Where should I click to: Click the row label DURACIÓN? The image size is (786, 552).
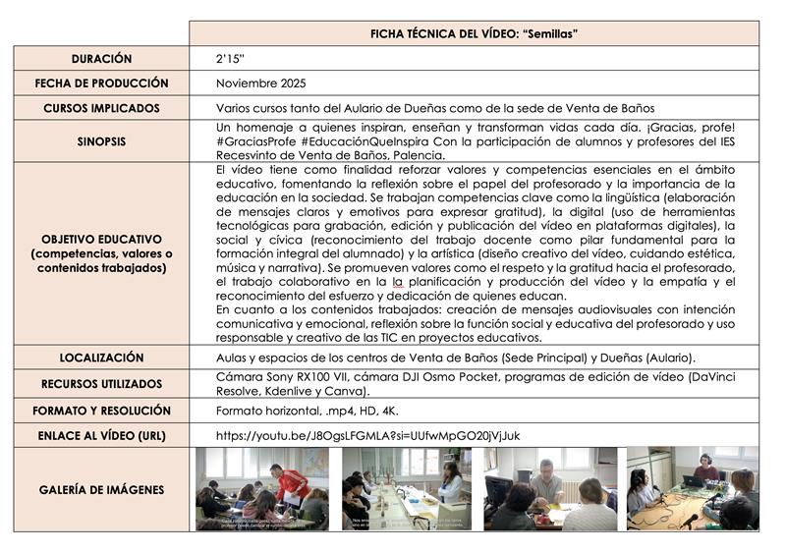click(x=101, y=59)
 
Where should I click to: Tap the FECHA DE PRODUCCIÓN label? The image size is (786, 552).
click(x=101, y=83)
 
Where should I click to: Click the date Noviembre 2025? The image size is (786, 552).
click(x=259, y=83)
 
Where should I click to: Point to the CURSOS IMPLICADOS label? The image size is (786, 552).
click(x=101, y=108)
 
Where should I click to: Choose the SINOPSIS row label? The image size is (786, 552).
click(x=101, y=141)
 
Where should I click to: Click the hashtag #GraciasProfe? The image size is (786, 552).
click(x=255, y=141)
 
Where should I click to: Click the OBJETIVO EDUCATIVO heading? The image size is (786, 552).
click(x=101, y=239)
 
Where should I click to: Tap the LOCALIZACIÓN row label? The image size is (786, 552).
click(x=101, y=358)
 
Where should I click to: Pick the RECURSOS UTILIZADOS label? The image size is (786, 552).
click(x=101, y=384)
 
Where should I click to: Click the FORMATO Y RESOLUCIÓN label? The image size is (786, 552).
click(x=101, y=411)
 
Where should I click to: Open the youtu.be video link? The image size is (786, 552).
click(x=368, y=435)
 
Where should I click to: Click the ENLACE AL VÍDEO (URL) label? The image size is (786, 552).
click(x=101, y=435)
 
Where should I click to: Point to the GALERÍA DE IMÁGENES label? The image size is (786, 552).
click(x=101, y=489)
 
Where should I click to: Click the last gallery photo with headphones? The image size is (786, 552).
click(x=692, y=488)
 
